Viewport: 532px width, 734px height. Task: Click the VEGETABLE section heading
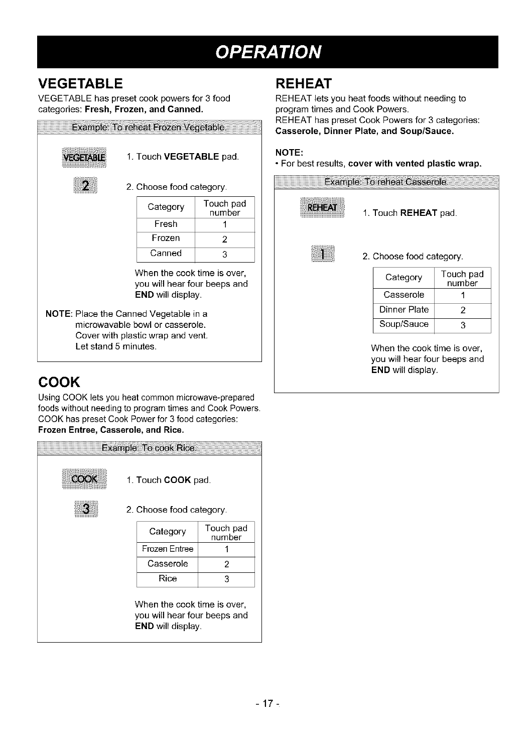[x=80, y=83]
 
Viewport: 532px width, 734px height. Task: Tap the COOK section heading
[x=59, y=382]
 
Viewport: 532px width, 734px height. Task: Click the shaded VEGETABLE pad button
[x=84, y=157]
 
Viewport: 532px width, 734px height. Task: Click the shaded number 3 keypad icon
[x=86, y=509]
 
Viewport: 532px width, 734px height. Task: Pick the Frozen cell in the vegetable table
[x=166, y=238]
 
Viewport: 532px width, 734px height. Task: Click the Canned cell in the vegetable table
[x=166, y=254]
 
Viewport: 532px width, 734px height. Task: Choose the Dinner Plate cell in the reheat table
[x=404, y=310]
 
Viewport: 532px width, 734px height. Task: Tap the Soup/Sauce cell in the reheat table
[x=404, y=324]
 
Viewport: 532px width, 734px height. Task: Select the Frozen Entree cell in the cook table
[x=168, y=549]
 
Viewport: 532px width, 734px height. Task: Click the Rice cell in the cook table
[x=168, y=578]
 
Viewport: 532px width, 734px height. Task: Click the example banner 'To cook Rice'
[x=150, y=448]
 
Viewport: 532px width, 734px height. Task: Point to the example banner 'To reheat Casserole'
[x=386, y=181]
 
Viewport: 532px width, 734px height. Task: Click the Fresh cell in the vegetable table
[x=166, y=224]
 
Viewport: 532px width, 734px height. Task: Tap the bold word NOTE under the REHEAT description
[x=289, y=152]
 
